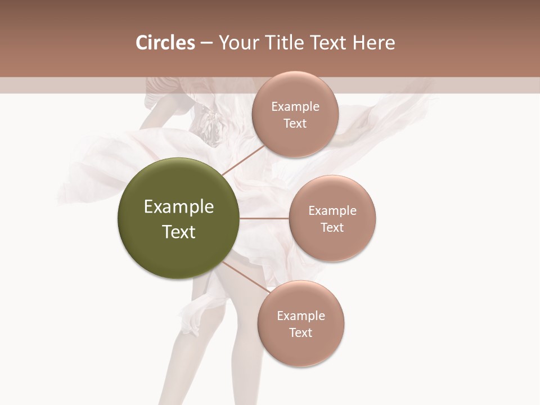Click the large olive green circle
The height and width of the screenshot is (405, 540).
pos(178,218)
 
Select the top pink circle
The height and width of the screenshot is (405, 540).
pos(295,114)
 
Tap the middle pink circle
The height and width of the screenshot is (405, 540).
pos(332,218)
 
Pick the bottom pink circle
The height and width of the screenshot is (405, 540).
pos(301,324)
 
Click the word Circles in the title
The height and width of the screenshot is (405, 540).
pos(165,43)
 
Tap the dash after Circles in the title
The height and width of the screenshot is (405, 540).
pos(206,43)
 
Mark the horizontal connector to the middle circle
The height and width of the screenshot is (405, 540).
pos(264,218)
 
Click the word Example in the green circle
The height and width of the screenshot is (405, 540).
pos(179,207)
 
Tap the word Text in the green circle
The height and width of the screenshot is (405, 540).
pos(179,232)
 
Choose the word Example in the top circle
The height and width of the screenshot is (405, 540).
pos(295,107)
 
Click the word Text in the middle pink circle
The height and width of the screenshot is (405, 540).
pos(332,227)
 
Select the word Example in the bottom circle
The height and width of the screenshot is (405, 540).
pos(301,316)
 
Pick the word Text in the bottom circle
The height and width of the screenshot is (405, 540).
pos(301,332)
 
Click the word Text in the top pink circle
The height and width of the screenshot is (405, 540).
pos(295,123)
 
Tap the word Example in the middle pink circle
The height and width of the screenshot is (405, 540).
pos(332,210)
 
